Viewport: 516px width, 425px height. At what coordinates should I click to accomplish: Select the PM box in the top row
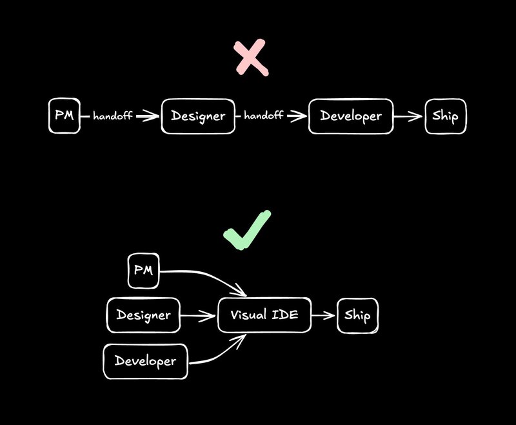(x=64, y=116)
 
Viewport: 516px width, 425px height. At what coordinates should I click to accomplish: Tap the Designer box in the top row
(x=197, y=116)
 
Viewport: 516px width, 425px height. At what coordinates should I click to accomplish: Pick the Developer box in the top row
(x=351, y=116)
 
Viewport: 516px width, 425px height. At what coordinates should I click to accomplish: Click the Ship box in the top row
(x=445, y=117)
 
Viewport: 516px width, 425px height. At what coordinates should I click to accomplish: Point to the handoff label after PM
(x=113, y=117)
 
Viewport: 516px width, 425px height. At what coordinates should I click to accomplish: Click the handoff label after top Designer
(x=264, y=116)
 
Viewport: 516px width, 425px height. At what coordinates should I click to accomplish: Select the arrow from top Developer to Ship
(x=408, y=117)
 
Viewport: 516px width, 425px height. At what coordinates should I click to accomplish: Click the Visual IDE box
(x=264, y=315)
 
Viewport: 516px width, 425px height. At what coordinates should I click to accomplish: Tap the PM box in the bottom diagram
(x=143, y=271)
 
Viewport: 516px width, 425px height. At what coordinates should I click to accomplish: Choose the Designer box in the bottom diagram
(x=143, y=315)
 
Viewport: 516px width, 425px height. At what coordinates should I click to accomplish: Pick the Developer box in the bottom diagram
(x=145, y=361)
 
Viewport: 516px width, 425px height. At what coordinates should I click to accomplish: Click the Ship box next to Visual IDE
(x=357, y=316)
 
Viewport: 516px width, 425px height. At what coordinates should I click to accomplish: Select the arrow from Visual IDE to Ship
(x=324, y=315)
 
